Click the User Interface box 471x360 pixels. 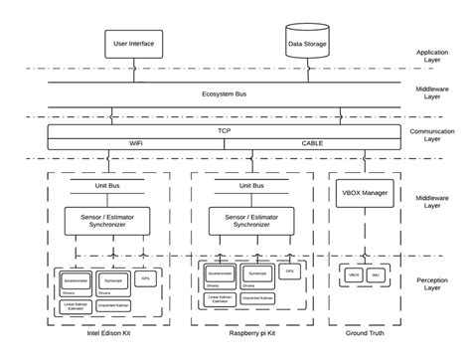coord(135,44)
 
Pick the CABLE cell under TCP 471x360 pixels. coord(313,143)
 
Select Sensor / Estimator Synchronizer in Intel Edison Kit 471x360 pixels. coord(105,220)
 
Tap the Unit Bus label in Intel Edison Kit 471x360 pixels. coord(105,186)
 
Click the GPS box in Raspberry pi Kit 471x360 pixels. coord(289,270)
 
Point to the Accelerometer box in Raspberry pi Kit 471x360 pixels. coord(223,270)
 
